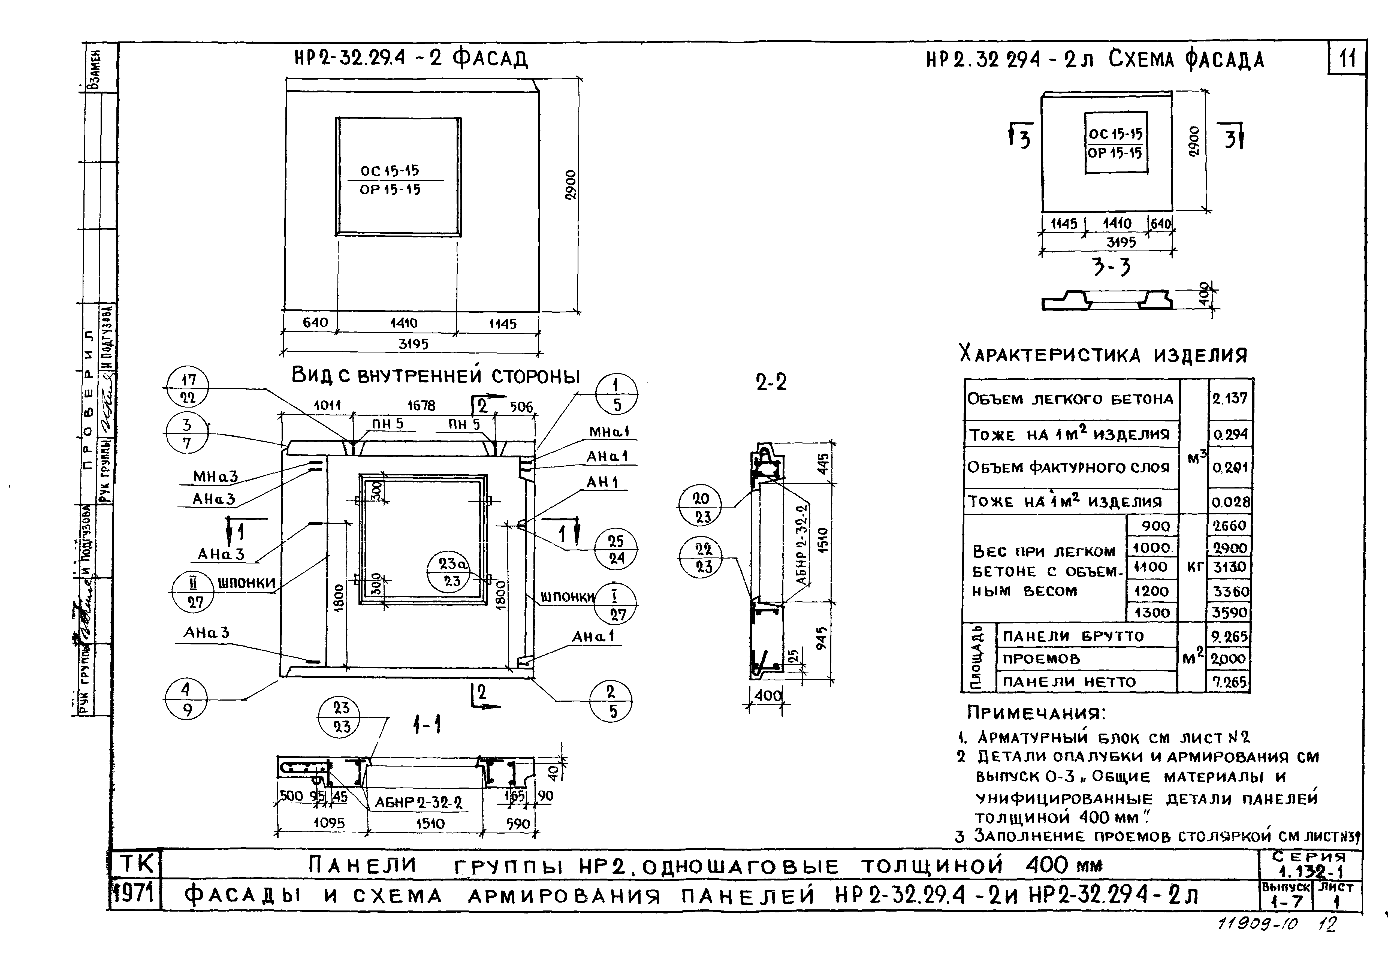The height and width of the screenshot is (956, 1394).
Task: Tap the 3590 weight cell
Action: tap(1230, 612)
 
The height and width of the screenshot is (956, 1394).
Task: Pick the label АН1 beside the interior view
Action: tap(602, 482)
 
